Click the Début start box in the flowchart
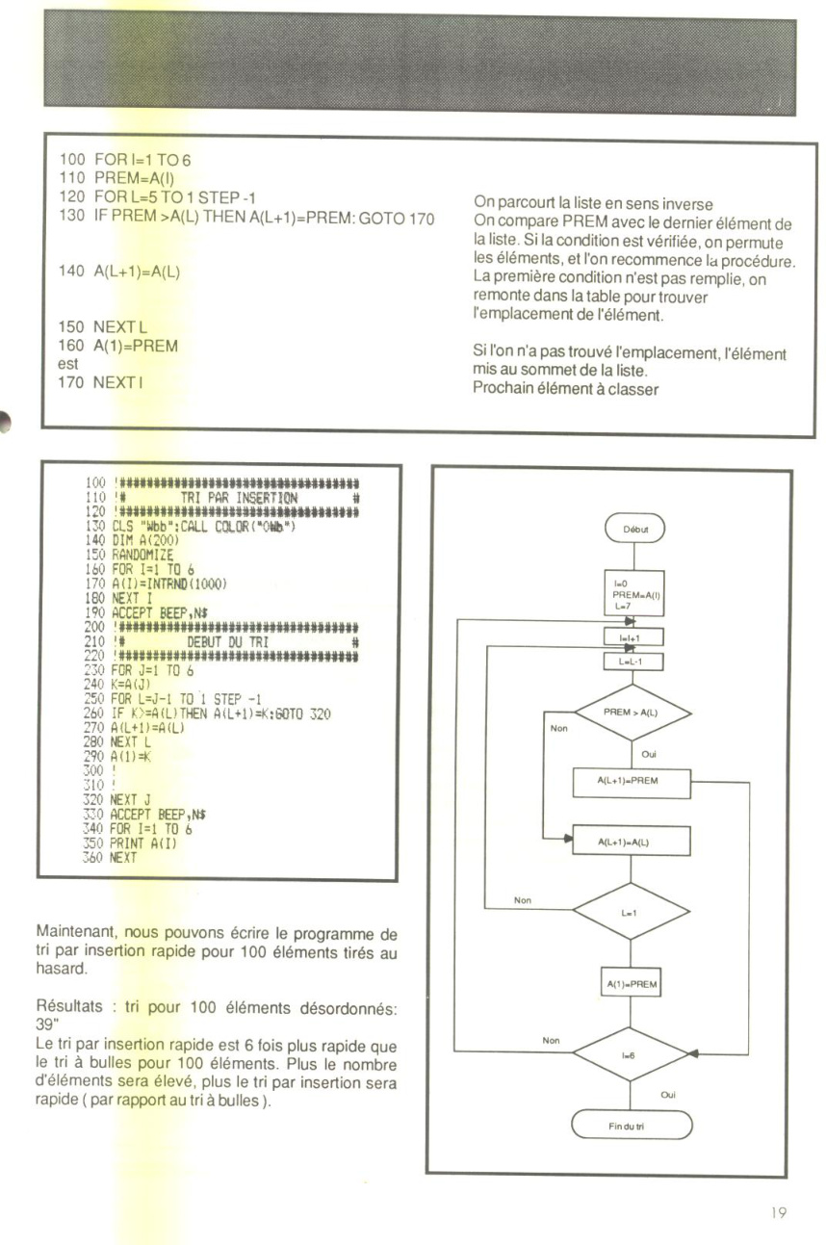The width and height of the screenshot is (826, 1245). tap(634, 528)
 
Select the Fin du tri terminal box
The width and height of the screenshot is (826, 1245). tap(632, 1126)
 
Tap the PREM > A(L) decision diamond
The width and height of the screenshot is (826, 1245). tap(632, 712)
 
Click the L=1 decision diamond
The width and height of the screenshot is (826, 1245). tap(631, 912)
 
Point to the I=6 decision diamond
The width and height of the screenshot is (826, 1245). tap(631, 1053)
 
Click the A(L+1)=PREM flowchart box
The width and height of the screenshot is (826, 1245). tap(632, 783)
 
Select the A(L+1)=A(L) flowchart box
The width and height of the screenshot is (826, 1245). tap(632, 842)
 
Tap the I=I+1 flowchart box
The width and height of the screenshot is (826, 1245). tap(633, 637)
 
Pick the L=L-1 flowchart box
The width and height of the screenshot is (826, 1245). tap(633, 661)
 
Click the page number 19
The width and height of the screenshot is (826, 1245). tap(778, 1212)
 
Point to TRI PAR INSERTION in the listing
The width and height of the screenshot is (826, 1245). tap(239, 498)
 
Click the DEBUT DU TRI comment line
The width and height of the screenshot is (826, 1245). tap(228, 642)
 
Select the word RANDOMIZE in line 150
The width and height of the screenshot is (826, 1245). tap(142, 555)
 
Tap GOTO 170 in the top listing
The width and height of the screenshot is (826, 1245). tap(397, 218)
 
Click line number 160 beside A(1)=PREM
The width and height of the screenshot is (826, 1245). tap(71, 345)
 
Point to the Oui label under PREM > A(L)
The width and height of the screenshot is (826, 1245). tap(649, 754)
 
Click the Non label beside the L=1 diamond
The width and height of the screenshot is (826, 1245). tap(523, 900)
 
